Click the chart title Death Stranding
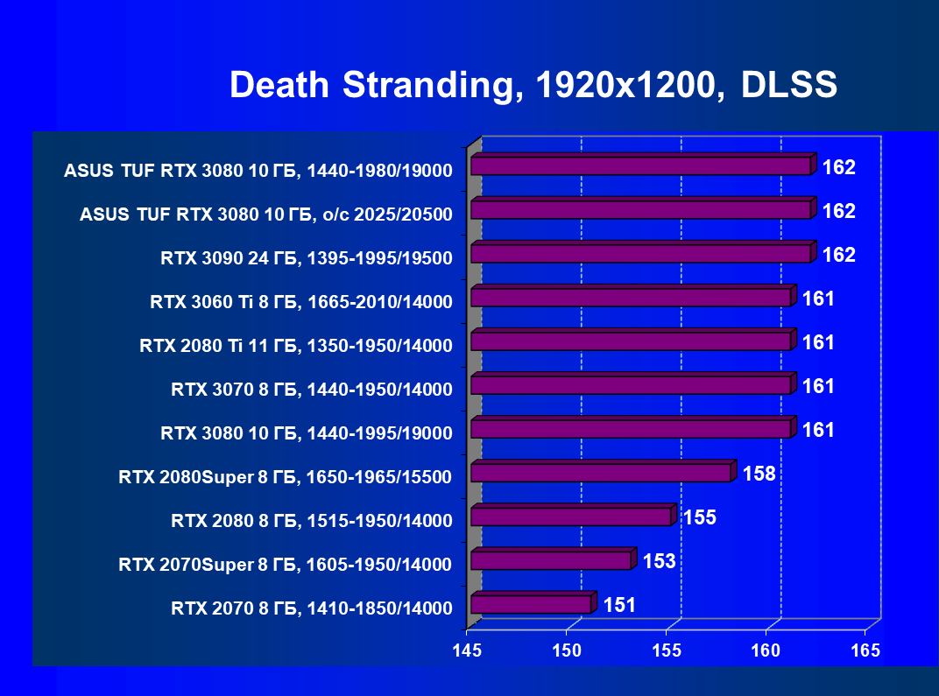point(369,86)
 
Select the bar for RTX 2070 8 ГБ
point(531,604)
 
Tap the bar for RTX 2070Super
point(551,560)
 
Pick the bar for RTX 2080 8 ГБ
point(571,517)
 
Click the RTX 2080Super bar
point(601,473)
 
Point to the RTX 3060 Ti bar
point(631,298)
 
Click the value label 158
point(759,474)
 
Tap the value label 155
point(700,517)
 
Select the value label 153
point(659,561)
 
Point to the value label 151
point(619,605)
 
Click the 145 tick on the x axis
point(467,651)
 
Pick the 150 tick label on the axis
point(568,651)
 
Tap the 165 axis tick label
point(866,651)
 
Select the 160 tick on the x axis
point(767,651)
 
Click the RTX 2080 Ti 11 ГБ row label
point(296,346)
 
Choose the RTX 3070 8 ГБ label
point(312,390)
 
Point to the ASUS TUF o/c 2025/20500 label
point(265,214)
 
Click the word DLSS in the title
point(789,86)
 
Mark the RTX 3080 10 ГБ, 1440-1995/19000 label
point(307,433)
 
